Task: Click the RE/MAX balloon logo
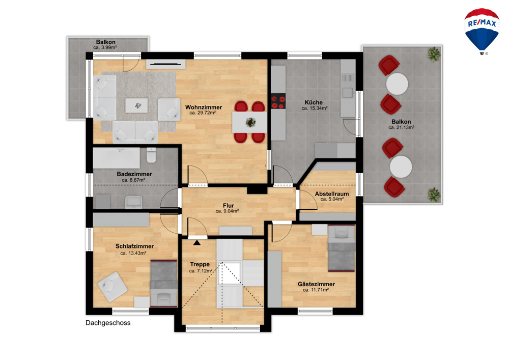point(482,32)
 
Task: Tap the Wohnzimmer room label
point(204,107)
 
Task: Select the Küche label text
point(314,102)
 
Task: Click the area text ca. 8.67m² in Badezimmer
point(133,180)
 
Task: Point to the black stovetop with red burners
point(278,101)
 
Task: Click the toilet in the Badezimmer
point(151,155)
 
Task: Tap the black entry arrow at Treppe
point(196,242)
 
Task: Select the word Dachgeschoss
point(108,323)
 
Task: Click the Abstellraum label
point(332,194)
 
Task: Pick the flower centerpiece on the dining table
point(250,122)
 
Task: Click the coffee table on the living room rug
point(136,105)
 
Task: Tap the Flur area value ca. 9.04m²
point(227,211)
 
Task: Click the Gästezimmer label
point(316,284)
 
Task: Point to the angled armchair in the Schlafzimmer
point(112,286)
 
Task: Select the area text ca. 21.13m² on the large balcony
point(401,128)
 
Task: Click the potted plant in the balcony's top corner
point(434,54)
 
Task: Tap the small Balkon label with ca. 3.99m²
point(105,44)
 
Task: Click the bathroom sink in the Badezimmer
point(134,202)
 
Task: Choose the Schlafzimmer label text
point(135,246)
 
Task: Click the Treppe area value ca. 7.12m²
point(201,271)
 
